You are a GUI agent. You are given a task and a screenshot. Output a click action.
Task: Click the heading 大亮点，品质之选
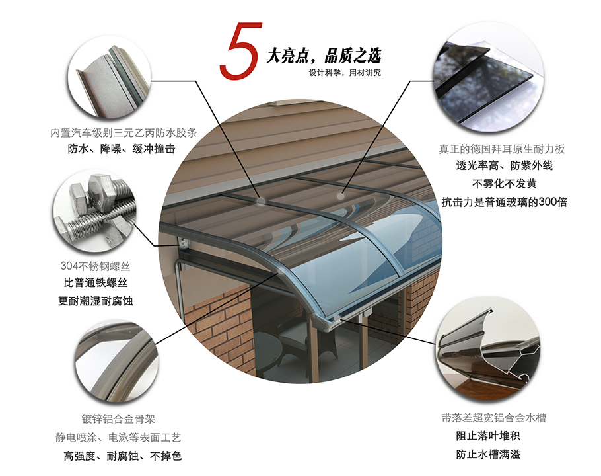pyautogui.click(x=324, y=56)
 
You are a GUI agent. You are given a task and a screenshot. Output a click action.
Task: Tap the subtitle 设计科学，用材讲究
pyautogui.click(x=345, y=73)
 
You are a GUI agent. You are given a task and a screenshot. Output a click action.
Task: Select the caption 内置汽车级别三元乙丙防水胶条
pyautogui.click(x=124, y=133)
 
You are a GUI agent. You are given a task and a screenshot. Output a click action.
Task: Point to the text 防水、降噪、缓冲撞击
pyautogui.click(x=122, y=149)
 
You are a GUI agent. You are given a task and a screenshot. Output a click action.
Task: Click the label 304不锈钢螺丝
pyautogui.click(x=96, y=266)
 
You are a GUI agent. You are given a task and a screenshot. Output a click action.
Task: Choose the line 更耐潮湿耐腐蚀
pyautogui.click(x=96, y=301)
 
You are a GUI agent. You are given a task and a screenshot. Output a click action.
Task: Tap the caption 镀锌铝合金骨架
pyautogui.click(x=118, y=419)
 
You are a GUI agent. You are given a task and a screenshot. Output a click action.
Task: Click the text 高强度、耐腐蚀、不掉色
pyautogui.click(x=123, y=456)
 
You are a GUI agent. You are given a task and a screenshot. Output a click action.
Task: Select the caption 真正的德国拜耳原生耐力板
pyautogui.click(x=502, y=149)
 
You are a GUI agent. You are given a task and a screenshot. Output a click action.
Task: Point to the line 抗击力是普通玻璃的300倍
pyautogui.click(x=504, y=202)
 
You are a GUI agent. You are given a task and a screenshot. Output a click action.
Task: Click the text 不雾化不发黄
pyautogui.click(x=504, y=184)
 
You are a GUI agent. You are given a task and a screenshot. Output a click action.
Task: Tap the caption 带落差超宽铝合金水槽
pyautogui.click(x=493, y=418)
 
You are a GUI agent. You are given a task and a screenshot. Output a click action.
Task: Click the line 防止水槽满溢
pyautogui.click(x=488, y=454)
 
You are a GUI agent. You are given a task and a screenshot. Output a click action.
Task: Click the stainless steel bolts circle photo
pyautogui.click(x=94, y=211)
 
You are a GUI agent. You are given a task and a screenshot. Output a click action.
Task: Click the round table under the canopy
pyautogui.click(x=268, y=350)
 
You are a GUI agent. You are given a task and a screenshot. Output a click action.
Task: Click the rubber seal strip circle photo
pyautogui.click(x=109, y=77)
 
